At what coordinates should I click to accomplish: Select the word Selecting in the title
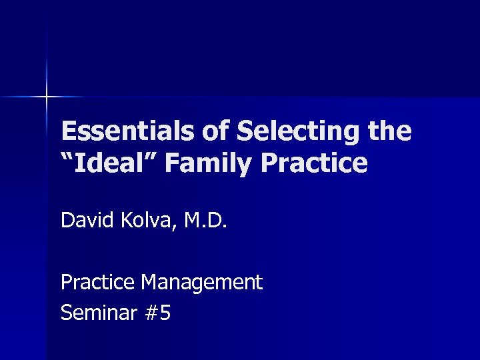coord(304,132)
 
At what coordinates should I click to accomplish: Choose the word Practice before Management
coord(97,282)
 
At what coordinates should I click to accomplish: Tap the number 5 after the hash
coord(165,312)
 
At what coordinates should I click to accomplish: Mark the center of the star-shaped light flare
coord(47,97)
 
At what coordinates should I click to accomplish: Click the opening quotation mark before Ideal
coord(67,156)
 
